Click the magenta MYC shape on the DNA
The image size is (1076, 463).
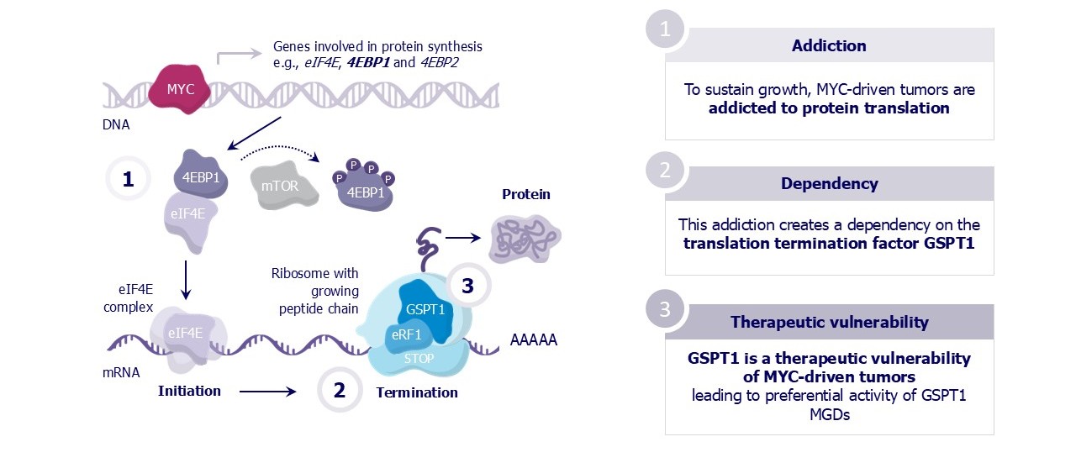point(179,88)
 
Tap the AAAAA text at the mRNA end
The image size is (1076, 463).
point(534,341)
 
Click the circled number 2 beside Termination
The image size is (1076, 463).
point(340,390)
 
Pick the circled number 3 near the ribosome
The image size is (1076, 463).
point(467,285)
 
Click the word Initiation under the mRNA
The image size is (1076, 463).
point(190,391)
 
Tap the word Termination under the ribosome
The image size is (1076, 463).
point(417,392)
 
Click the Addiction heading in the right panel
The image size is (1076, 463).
point(828,45)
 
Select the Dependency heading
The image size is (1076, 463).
point(828,183)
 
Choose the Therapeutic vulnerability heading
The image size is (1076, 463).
point(829,322)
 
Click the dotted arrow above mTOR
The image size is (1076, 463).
point(280,151)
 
